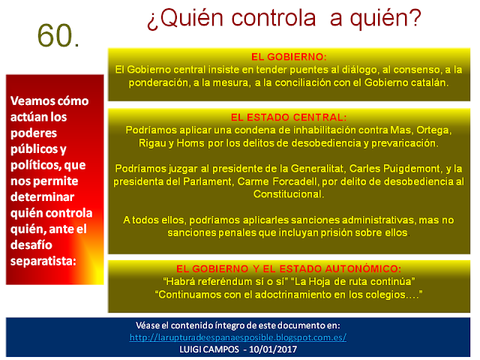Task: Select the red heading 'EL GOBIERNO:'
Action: point(289,57)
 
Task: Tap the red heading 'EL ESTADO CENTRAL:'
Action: point(289,118)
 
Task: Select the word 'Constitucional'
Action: point(289,194)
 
